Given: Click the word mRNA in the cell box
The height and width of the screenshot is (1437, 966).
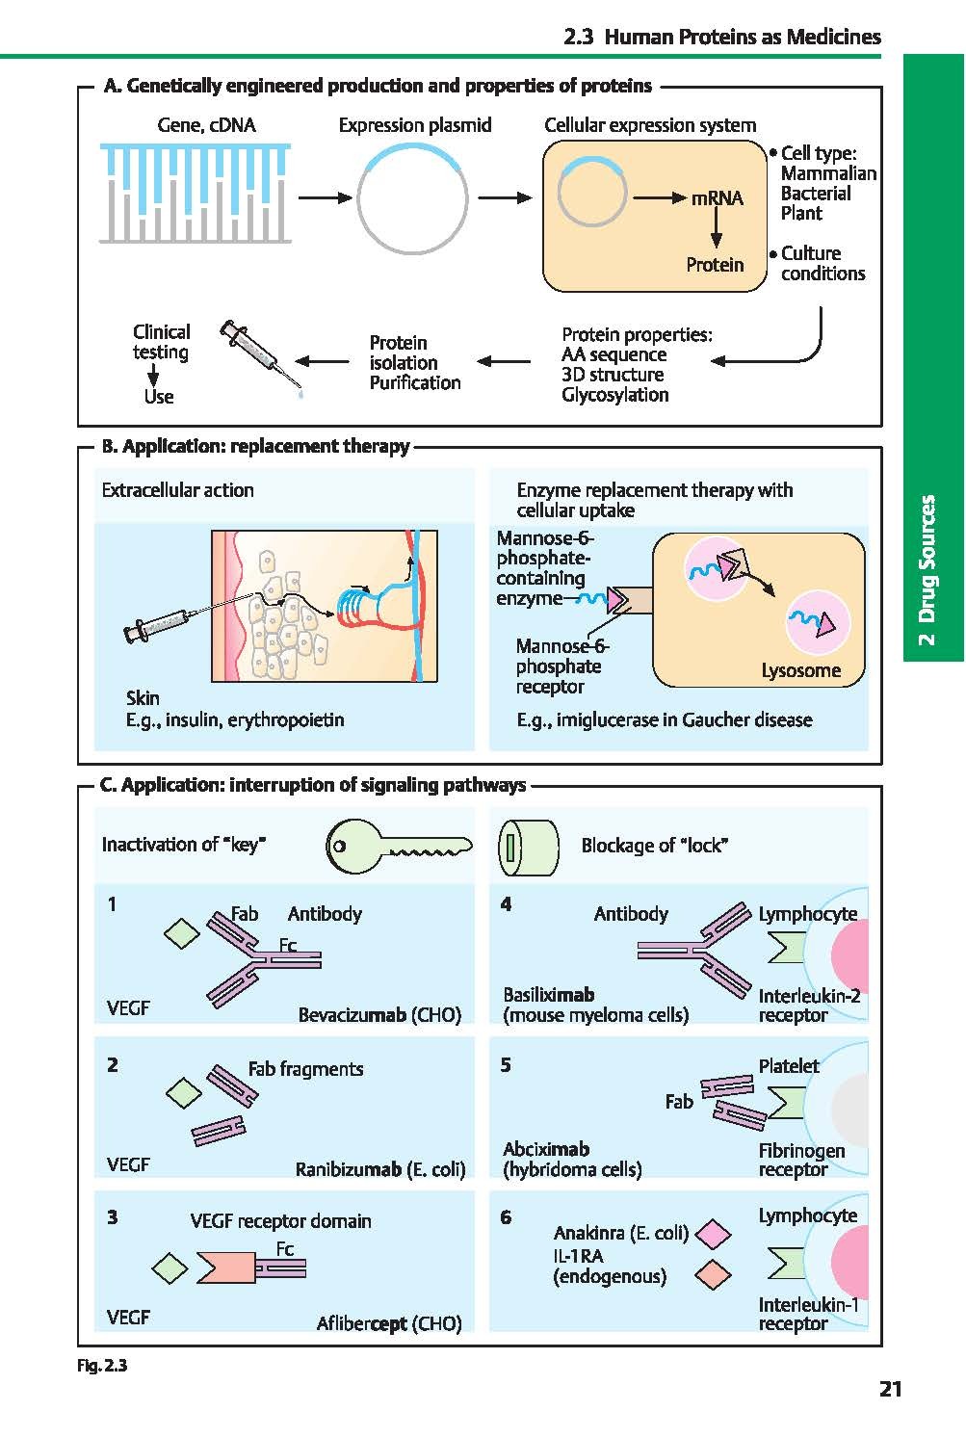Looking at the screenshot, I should (717, 198).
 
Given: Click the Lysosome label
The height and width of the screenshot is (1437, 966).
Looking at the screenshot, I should (800, 670).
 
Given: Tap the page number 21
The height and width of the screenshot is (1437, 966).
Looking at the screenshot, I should (890, 1389).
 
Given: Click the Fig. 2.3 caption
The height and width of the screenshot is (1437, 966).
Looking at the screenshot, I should (102, 1365).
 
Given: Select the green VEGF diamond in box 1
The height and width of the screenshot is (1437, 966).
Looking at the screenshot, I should (181, 932).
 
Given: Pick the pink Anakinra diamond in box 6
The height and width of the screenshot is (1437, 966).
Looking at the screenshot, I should (712, 1233).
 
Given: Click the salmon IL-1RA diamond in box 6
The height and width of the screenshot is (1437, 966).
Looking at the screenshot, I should (712, 1275).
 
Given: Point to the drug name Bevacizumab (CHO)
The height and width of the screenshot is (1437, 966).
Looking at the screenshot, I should (379, 1015).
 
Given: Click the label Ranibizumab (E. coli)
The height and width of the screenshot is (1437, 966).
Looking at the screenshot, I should (379, 1169).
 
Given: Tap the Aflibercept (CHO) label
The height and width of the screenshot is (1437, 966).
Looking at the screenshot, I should (389, 1323).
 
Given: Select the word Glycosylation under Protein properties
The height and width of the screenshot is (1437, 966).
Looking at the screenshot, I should (614, 395).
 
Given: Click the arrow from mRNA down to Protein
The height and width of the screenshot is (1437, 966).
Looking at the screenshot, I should (717, 231).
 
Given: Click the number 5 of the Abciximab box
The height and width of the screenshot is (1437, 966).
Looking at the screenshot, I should (506, 1065).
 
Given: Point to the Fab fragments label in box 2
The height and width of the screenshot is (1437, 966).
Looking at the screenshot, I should (305, 1069).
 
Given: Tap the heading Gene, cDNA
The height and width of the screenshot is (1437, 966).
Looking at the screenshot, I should (206, 125).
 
